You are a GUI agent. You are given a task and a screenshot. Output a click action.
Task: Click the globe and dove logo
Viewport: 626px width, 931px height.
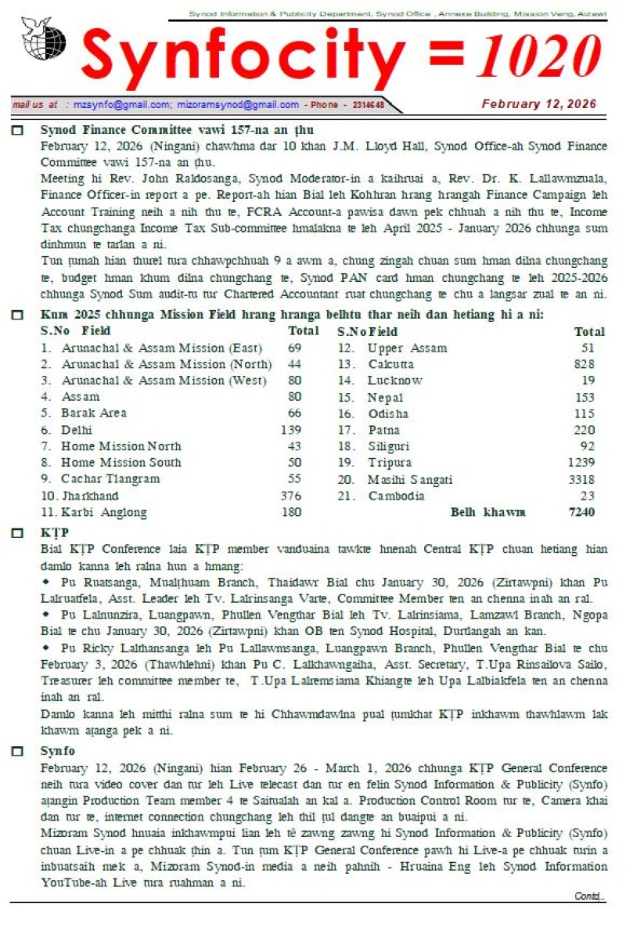44,40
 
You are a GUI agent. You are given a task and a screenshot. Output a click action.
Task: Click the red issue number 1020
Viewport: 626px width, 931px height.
540,57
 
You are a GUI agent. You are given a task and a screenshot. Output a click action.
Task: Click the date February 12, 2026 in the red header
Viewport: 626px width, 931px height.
538,104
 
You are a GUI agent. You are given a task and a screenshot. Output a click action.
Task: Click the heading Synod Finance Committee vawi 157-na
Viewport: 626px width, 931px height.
177,130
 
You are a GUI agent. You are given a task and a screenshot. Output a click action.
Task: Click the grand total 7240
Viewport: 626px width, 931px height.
581,512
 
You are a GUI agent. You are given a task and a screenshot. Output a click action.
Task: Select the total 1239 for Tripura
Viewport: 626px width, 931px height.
581,463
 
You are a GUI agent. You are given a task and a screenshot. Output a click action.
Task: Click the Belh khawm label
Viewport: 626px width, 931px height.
487,512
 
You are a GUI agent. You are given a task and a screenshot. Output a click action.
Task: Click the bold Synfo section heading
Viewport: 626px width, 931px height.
57,751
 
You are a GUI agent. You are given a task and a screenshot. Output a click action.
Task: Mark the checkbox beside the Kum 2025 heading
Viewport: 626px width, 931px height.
18,315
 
